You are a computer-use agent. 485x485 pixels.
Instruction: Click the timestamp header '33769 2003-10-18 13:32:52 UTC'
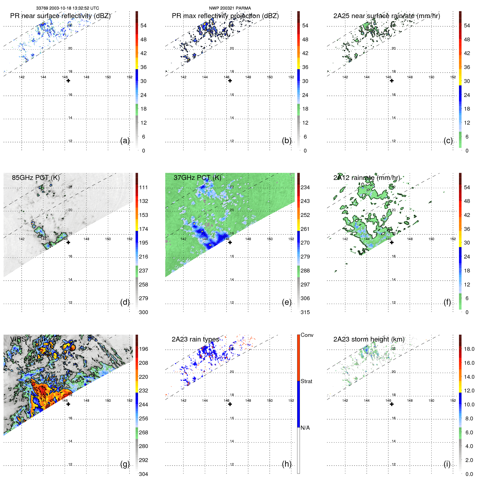pyautogui.click(x=68, y=8)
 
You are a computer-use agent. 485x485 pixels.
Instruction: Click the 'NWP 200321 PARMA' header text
pyautogui.click(x=230, y=8)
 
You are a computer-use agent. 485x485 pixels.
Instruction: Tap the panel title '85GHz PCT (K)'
pyautogui.click(x=36, y=178)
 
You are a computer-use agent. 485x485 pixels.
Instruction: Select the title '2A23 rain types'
pyautogui.click(x=195, y=339)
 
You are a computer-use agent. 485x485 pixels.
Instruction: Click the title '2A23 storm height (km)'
pyautogui.click(x=369, y=339)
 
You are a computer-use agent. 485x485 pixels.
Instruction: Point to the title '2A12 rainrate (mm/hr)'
pyautogui.click(x=366, y=178)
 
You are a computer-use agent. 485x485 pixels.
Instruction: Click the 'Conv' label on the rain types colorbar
pyautogui.click(x=307, y=335)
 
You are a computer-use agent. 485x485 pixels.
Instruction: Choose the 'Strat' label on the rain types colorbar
pyautogui.click(x=306, y=381)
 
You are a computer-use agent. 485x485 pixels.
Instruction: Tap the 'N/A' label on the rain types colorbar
pyautogui.click(x=305, y=428)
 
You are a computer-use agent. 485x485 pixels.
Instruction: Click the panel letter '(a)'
pyautogui.click(x=125, y=140)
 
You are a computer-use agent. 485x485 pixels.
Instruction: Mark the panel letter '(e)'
pyautogui.click(x=286, y=302)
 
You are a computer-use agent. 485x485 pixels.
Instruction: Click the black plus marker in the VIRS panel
pyautogui.click(x=68, y=404)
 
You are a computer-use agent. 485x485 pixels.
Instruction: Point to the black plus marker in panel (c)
pyautogui.click(x=392, y=81)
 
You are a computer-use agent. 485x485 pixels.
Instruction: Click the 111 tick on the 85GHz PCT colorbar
pyautogui.click(x=144, y=188)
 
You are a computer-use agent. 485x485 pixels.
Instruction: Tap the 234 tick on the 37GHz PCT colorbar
pyautogui.click(x=305, y=188)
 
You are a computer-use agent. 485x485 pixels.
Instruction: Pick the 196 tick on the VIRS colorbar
pyautogui.click(x=144, y=349)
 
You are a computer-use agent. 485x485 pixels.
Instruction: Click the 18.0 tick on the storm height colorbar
pyautogui.click(x=469, y=349)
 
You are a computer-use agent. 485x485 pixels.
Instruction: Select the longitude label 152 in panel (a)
pyautogui.click(x=130, y=77)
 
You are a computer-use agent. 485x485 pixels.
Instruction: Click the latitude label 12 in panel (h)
pyautogui.click(x=232, y=464)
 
